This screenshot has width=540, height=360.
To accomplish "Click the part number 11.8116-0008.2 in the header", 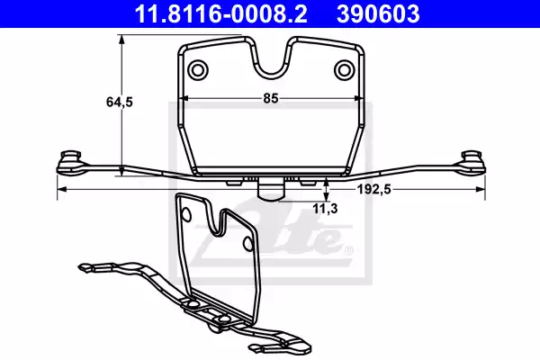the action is click(x=220, y=13).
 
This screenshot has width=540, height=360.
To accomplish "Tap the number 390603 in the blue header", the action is click(x=378, y=13).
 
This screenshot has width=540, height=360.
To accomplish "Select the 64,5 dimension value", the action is click(x=120, y=102).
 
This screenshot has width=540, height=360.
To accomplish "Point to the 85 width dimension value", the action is click(x=270, y=98).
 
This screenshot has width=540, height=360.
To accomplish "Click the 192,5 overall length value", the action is click(x=373, y=189).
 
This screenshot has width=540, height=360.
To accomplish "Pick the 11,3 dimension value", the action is click(x=325, y=209).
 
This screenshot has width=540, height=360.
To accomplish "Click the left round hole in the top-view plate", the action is click(x=198, y=70).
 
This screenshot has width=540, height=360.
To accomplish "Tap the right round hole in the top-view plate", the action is click(x=344, y=70).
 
